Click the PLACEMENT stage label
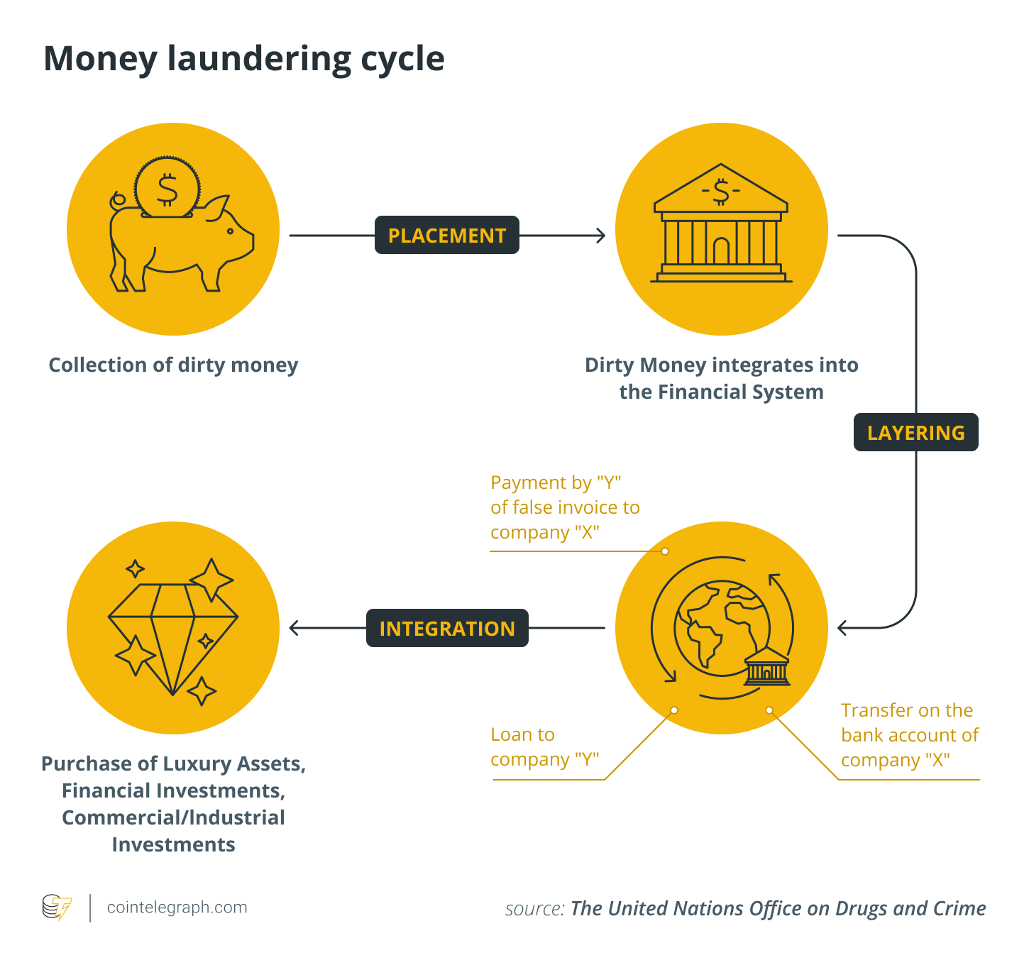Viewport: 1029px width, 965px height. coord(447,235)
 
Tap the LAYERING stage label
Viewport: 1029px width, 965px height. coord(915,432)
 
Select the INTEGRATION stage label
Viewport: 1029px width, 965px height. coord(447,628)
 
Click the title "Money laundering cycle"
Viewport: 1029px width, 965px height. coord(244,58)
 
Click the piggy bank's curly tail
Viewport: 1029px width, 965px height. coord(117,200)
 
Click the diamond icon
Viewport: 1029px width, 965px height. coord(172,632)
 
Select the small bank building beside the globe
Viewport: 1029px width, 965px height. coord(767,667)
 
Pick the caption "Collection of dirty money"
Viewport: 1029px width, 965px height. coord(173,365)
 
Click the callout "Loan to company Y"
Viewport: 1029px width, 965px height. coord(544,746)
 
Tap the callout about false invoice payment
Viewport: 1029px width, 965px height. coord(565,507)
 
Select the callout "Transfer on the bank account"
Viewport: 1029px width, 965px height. coord(909,735)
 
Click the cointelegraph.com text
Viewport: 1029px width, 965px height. coord(177,907)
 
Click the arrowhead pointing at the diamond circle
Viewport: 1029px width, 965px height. coord(294,628)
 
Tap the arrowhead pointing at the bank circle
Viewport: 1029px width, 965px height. coord(600,235)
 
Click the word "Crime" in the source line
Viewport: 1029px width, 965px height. coord(958,908)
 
